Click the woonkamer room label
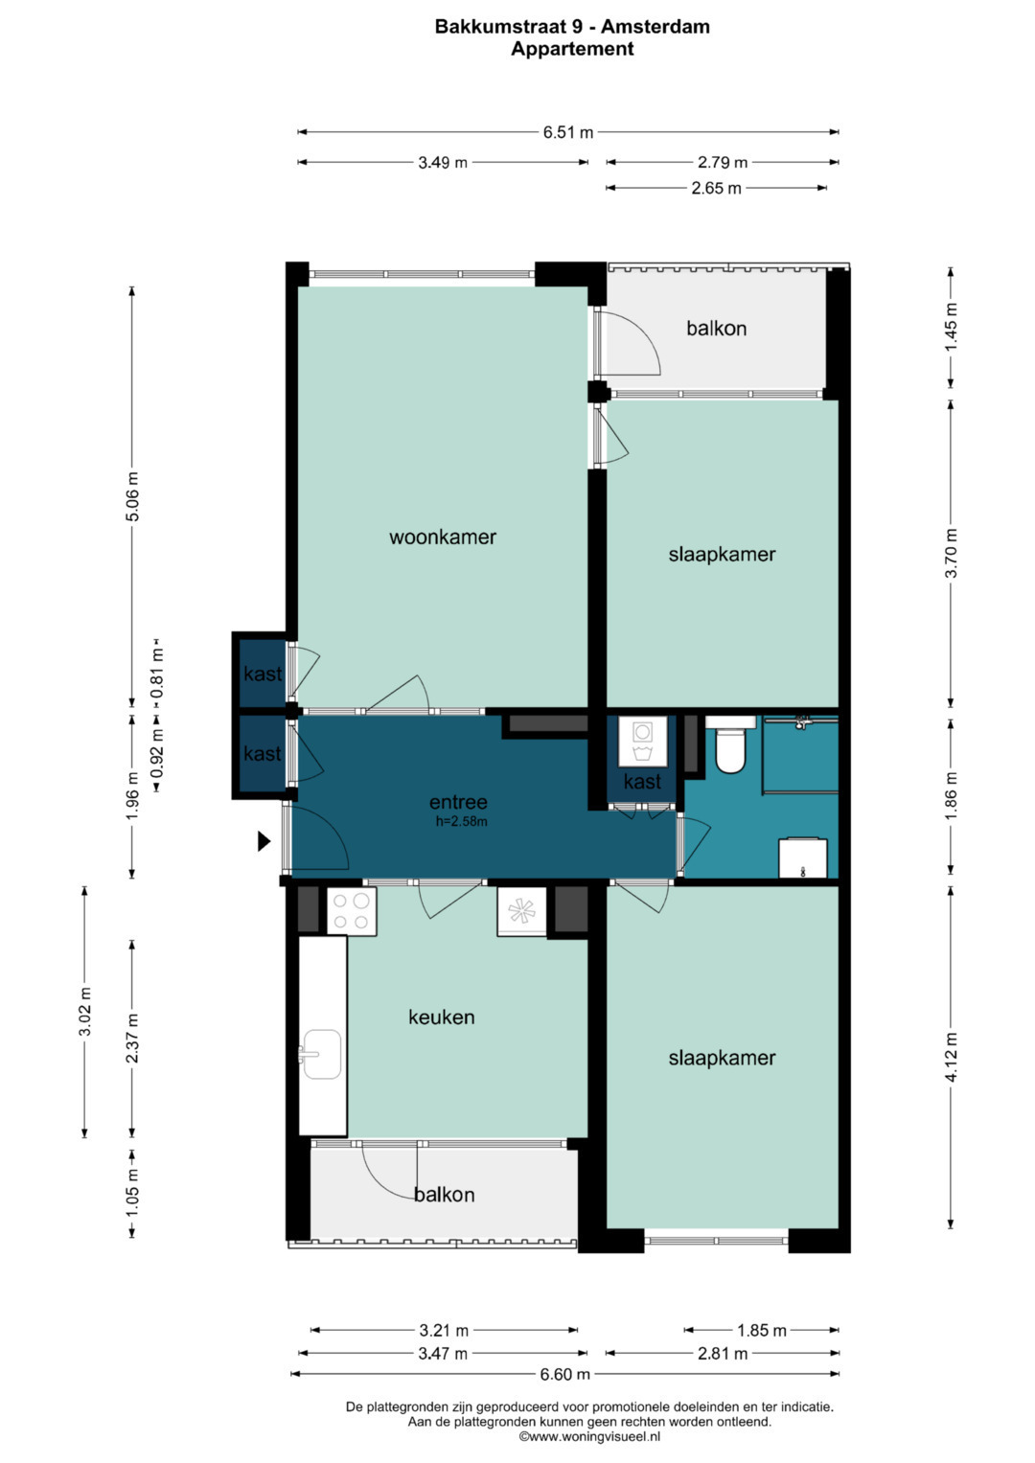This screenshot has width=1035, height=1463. [443, 537]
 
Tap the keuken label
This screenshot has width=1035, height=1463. [441, 1017]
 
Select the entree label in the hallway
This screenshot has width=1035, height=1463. [458, 802]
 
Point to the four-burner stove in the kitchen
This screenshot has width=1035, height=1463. [352, 911]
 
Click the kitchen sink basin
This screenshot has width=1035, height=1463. [321, 1054]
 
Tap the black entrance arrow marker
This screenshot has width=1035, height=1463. [264, 841]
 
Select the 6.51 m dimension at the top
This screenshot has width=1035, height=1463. [567, 132]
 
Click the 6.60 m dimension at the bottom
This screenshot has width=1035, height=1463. [564, 1374]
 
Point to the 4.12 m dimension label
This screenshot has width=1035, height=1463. [951, 1058]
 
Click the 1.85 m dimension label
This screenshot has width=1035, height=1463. [761, 1331]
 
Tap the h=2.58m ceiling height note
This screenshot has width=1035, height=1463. [461, 822]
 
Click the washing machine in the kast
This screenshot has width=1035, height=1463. [642, 742]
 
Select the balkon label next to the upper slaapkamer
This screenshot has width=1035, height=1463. [716, 328]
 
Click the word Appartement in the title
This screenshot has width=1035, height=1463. [572, 49]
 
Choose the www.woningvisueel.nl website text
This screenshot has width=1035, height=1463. [589, 1437]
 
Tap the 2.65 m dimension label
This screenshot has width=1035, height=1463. [716, 189]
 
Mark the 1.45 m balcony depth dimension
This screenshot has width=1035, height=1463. [951, 327]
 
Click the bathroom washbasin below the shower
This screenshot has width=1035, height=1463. [802, 858]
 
